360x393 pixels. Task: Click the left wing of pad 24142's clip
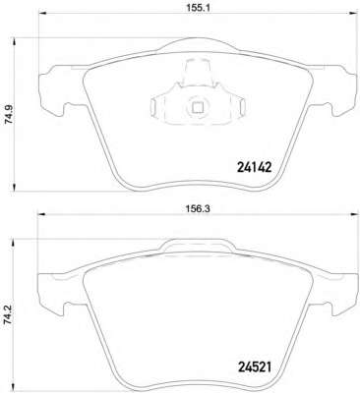[x=162, y=109]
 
